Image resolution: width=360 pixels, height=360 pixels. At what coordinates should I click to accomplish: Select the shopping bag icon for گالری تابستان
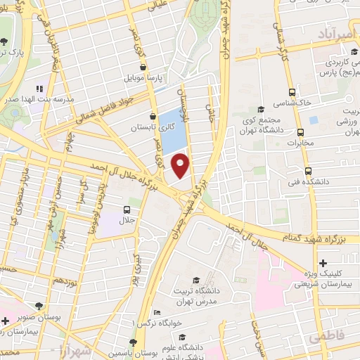click(153, 117)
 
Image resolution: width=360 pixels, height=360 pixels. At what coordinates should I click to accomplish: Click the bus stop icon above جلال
click(127, 210)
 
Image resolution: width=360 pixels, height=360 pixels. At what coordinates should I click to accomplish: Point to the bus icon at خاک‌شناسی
click(292, 92)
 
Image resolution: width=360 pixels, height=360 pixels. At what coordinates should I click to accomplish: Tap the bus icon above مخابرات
click(301, 131)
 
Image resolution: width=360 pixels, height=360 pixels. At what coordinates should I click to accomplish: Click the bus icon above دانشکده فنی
click(308, 171)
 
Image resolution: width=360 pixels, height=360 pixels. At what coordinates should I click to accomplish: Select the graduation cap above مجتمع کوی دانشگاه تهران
click(261, 108)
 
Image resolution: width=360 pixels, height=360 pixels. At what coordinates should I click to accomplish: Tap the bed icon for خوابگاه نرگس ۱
click(157, 312)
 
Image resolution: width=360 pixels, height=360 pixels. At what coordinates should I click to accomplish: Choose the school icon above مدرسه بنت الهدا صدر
click(39, 89)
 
